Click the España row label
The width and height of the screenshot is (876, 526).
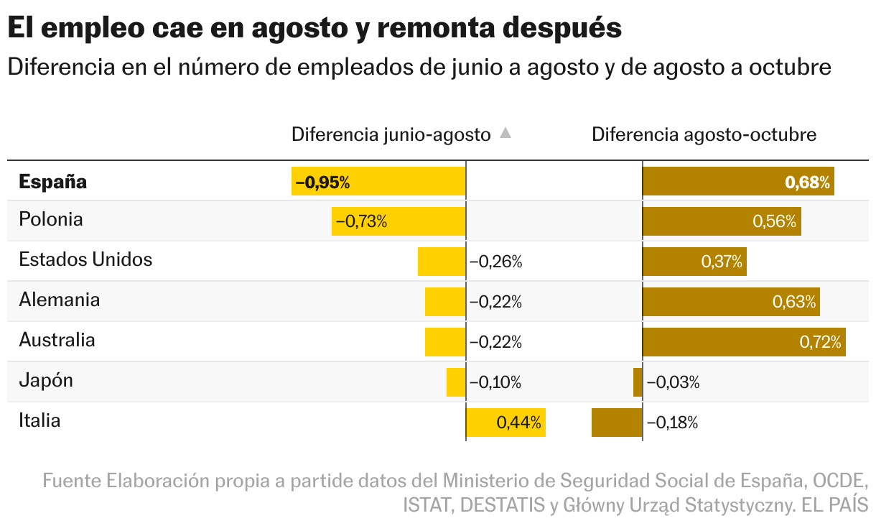click(52, 182)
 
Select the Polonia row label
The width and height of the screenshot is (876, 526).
click(51, 219)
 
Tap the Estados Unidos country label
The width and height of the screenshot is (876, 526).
click(85, 259)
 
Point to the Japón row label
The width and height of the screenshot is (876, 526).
click(46, 380)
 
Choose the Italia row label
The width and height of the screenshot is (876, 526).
click(39, 420)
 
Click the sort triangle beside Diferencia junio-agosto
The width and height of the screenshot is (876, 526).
click(505, 133)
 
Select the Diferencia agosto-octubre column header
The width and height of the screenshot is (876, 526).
click(704, 134)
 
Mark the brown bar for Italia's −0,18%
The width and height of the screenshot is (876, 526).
click(616, 423)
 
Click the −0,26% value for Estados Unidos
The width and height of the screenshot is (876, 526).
click(495, 262)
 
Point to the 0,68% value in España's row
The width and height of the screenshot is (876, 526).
click(808, 183)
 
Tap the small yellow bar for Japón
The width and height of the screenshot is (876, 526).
click(456, 382)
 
